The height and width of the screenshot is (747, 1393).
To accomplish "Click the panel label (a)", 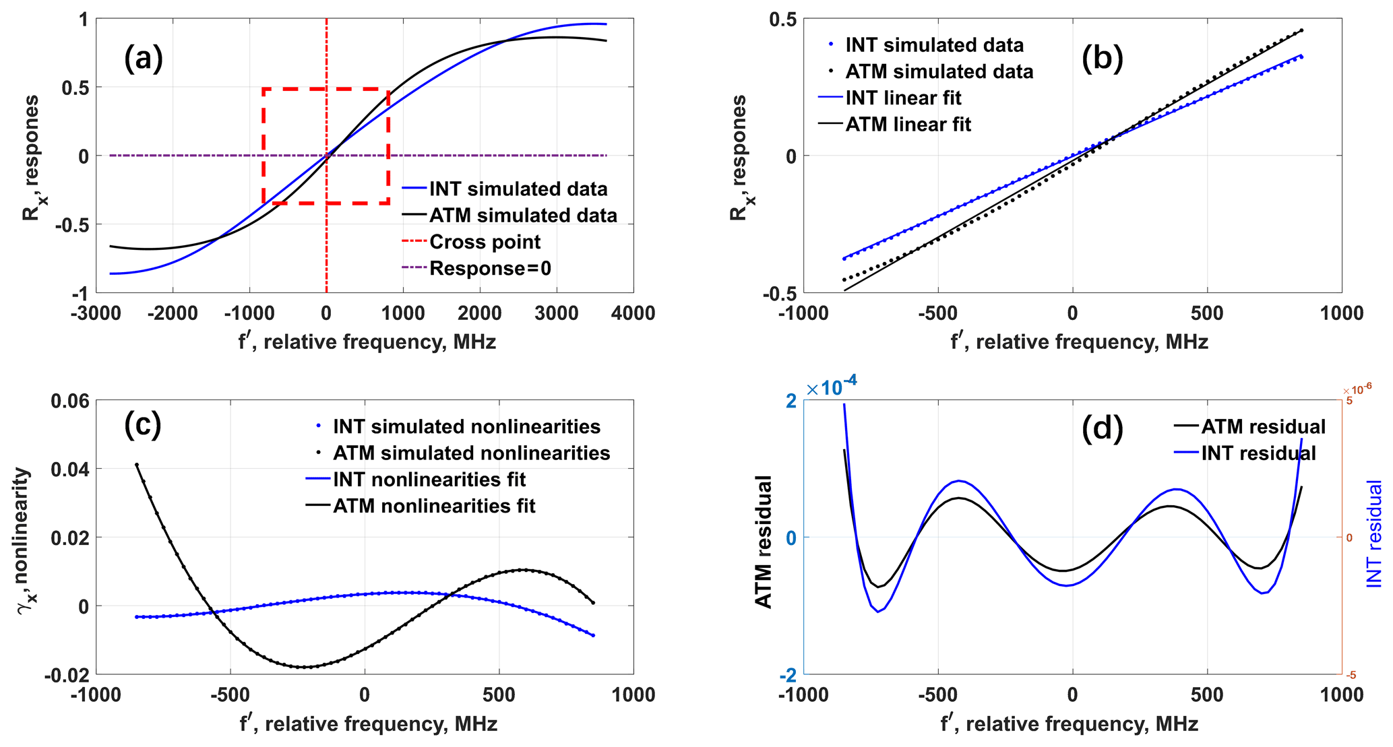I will (144, 59).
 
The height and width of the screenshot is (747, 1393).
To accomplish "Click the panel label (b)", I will (1102, 59).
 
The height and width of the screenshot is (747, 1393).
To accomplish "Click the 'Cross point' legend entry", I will (485, 242).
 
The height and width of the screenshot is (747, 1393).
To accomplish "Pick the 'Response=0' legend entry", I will (490, 269).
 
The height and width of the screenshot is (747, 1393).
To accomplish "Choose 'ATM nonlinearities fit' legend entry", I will (434, 506).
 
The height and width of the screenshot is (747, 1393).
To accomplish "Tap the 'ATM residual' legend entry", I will (1263, 426).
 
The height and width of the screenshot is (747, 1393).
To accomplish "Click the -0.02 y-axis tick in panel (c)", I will (67, 675).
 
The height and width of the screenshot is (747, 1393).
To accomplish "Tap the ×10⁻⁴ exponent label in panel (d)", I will (832, 387).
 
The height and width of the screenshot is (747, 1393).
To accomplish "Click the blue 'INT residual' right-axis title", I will (1374, 533).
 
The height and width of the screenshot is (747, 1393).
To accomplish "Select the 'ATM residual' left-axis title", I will (763, 542).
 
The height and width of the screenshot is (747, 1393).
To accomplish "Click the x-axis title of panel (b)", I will (1079, 343).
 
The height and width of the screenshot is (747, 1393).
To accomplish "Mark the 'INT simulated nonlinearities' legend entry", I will (466, 426).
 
